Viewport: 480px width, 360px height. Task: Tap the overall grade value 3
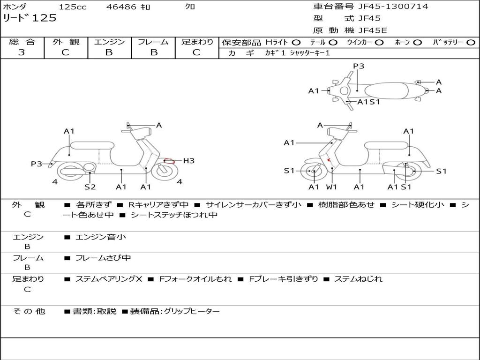tap(22, 52)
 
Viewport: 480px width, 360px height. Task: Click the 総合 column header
tap(22, 42)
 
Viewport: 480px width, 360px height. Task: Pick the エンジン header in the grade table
tap(109, 42)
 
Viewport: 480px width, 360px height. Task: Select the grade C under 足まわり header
tap(196, 52)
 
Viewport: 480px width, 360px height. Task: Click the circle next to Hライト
tap(296, 43)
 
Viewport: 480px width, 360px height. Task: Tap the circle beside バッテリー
tap(470, 43)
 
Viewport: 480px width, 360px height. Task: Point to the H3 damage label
tap(188, 161)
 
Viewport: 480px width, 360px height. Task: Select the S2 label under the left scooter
tap(90, 187)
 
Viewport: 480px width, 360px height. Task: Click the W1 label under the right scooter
tap(332, 187)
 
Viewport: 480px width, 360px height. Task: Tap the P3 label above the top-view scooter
tap(359, 66)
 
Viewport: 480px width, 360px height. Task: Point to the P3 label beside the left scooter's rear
tap(37, 164)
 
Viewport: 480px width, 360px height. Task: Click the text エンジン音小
tap(101, 237)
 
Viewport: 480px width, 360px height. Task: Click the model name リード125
tap(30, 18)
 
